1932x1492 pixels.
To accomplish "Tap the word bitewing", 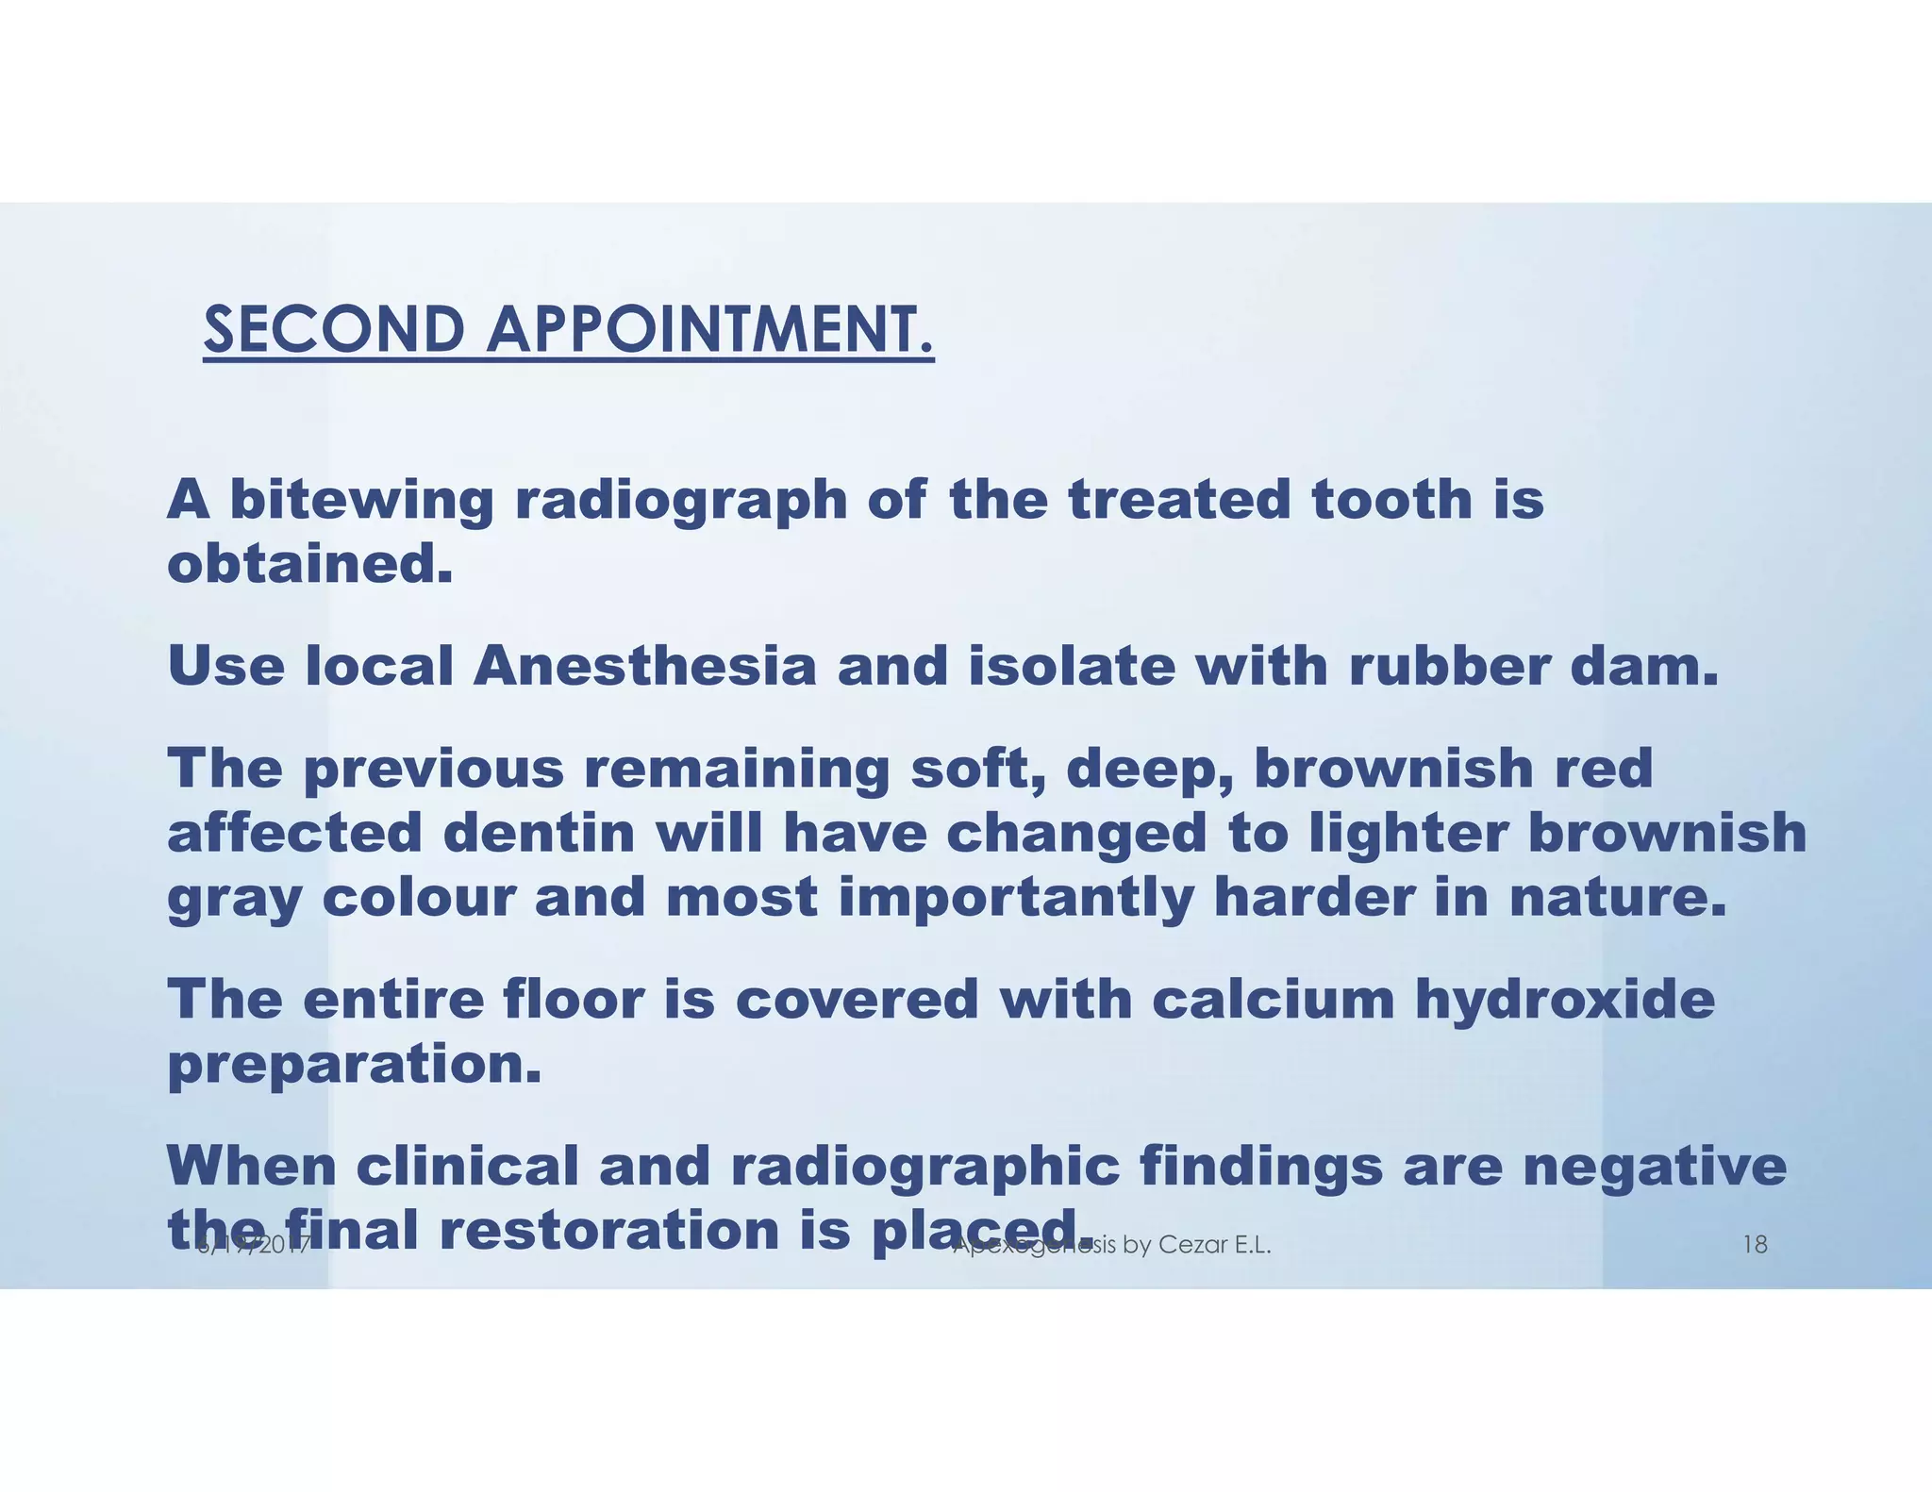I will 361,501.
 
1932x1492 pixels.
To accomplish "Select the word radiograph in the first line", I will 680,501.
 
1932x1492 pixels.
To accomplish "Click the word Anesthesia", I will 644,666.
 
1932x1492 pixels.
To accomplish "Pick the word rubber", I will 1448,666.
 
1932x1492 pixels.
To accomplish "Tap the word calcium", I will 1273,999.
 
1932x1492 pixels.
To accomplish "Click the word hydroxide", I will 1565,999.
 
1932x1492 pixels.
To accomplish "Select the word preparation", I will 354,1065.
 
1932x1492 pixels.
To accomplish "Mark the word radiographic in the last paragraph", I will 924,1168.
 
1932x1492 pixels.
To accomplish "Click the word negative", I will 1654,1168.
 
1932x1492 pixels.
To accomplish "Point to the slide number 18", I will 1755,1245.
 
